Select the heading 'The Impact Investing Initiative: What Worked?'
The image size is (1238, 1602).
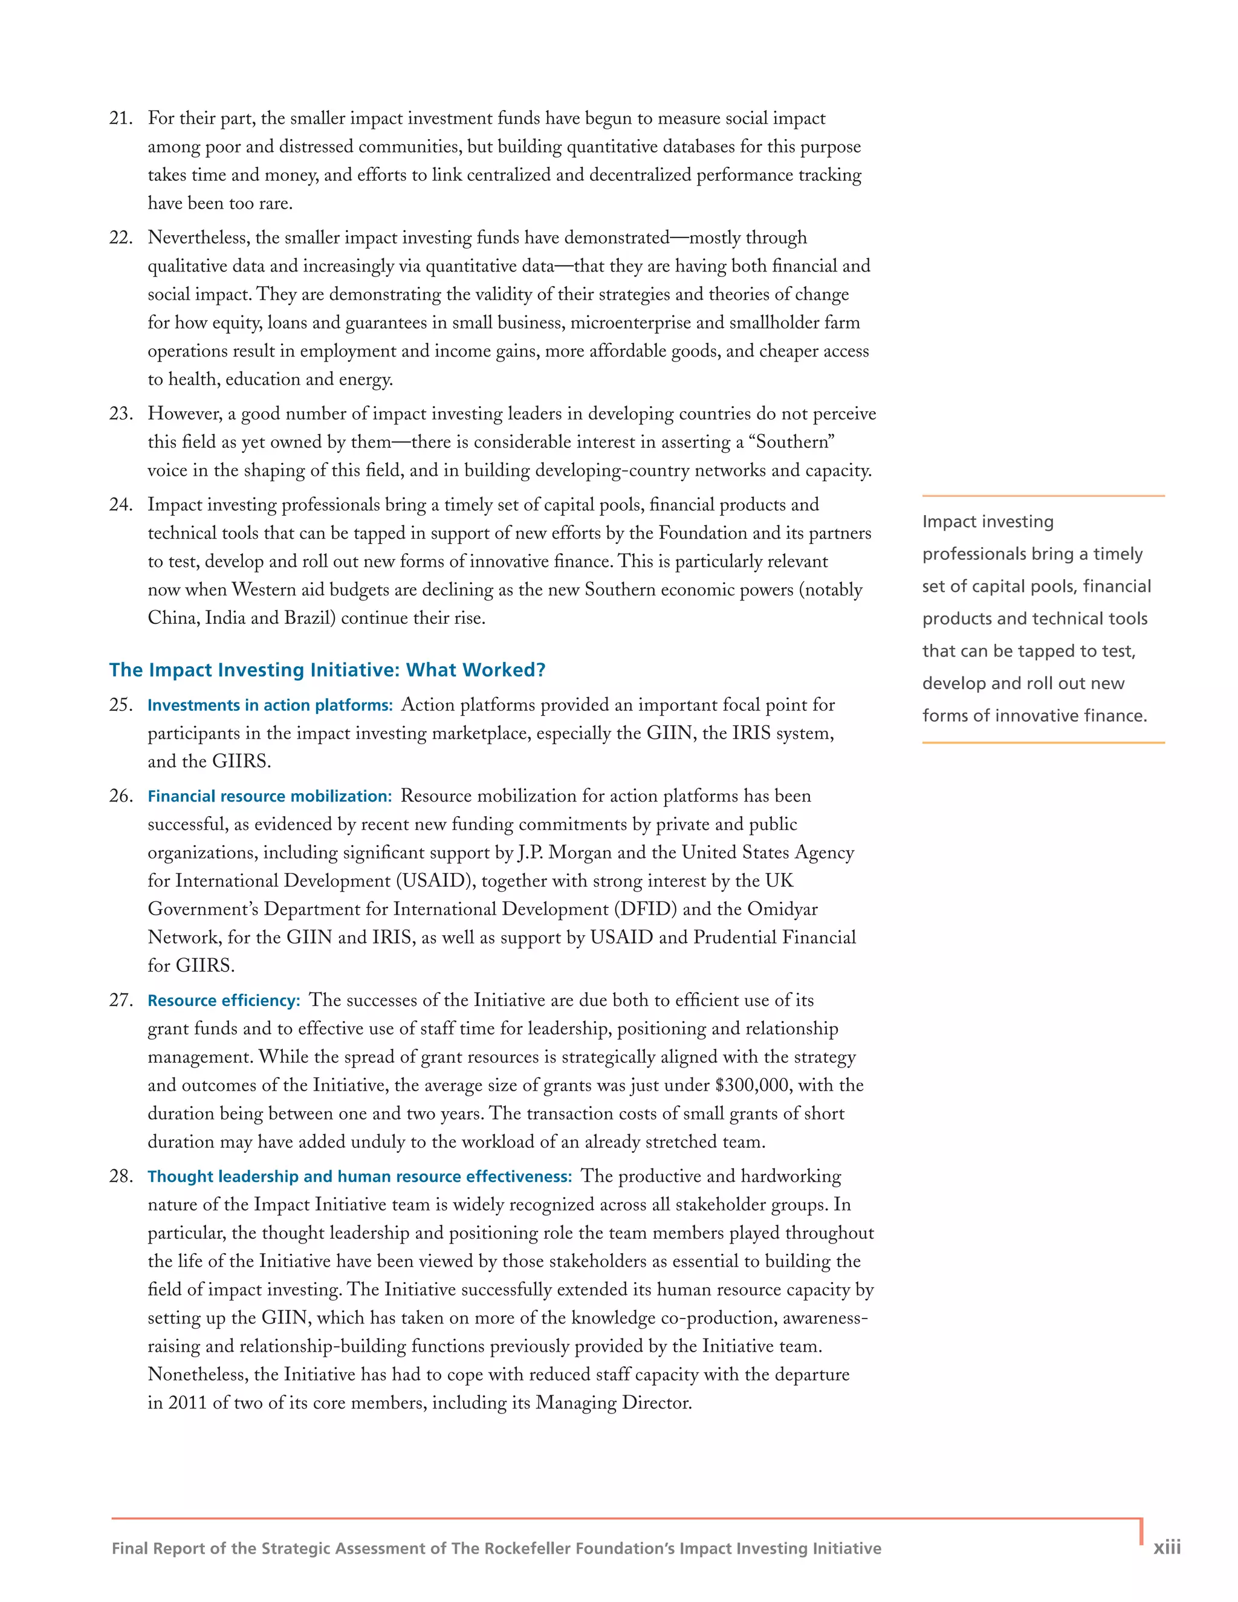tap(327, 670)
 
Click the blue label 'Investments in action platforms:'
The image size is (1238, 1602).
tap(270, 705)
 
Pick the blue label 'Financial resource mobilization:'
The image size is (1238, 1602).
tap(269, 797)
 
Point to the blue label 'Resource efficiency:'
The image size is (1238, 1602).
tap(224, 1001)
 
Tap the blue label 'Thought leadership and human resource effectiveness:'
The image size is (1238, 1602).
tap(360, 1177)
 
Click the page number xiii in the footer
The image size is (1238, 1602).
tap(1167, 1548)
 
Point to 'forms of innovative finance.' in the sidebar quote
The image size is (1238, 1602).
tap(1034, 716)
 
